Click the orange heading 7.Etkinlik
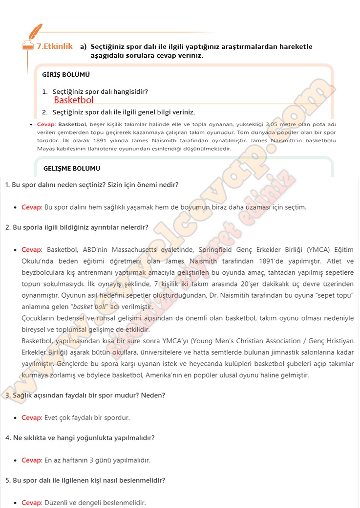pos(55,46)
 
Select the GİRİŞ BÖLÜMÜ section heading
pos(66,75)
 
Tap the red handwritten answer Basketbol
pos(73,100)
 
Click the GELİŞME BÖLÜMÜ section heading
pos(72,168)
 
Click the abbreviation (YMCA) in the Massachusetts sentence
pos(319,248)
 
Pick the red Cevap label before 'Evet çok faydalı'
pos(32,418)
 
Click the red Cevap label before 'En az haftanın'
pos(32,460)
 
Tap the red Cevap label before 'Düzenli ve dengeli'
pos(32,503)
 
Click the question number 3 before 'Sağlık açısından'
pos(7,395)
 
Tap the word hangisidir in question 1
pos(131,91)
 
